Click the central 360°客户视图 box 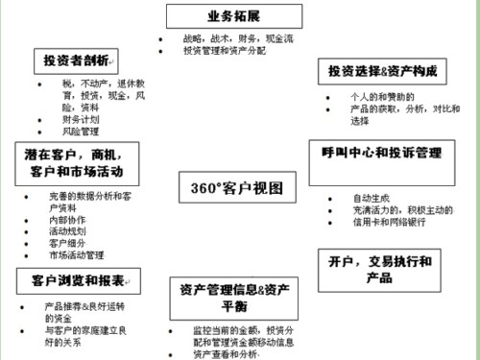pos(231,186)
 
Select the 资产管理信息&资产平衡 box pos(235,297)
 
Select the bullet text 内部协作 pos(67,220)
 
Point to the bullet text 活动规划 pos(67,231)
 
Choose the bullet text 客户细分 pos(67,244)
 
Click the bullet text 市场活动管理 pos(76,255)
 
